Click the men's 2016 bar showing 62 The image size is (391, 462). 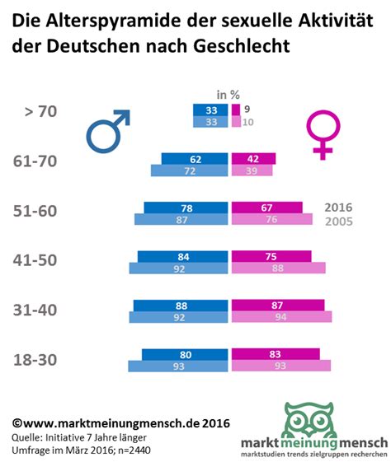(x=195, y=159)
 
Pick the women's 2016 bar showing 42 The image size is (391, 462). (x=253, y=159)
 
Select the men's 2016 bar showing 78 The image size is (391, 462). (x=187, y=208)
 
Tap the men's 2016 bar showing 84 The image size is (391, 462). (x=184, y=257)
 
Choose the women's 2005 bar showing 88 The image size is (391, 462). (x=278, y=268)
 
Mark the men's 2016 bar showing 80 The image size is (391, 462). (x=186, y=354)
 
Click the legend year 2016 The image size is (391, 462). (x=342, y=207)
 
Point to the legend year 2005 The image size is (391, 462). (x=342, y=222)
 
